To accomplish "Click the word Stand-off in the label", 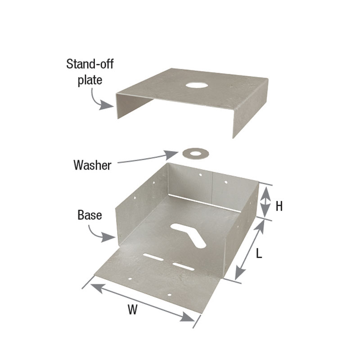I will click(x=90, y=64).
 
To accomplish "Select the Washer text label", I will click(x=92, y=165).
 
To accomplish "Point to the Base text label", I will click(x=90, y=215).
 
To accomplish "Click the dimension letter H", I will click(x=279, y=206).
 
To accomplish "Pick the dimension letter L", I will click(x=259, y=253).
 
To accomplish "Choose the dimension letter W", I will click(x=132, y=310).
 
